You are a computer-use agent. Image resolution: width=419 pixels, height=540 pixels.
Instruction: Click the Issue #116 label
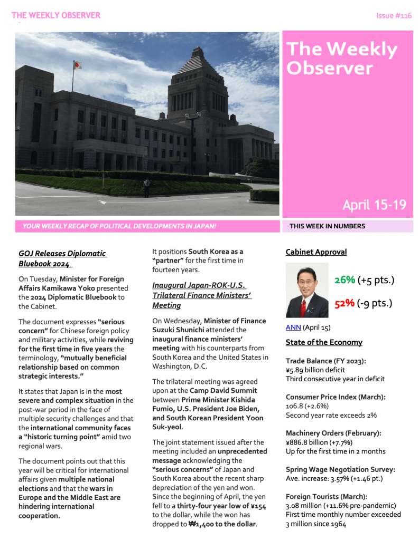click(394, 16)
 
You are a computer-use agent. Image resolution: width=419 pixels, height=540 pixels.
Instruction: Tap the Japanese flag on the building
click(77, 65)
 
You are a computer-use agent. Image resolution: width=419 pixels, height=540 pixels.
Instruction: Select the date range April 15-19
click(374, 205)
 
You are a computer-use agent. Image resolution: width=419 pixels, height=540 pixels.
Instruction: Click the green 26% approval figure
click(344, 280)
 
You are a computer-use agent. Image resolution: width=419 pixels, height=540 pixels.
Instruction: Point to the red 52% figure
click(344, 304)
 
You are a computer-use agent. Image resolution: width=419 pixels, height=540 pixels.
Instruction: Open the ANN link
click(293, 327)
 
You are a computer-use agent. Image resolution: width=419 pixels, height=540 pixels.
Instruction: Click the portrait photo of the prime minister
click(306, 290)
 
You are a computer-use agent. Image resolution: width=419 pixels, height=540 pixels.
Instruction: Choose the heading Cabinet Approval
click(316, 252)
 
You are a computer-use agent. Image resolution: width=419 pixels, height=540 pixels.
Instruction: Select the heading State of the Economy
click(323, 342)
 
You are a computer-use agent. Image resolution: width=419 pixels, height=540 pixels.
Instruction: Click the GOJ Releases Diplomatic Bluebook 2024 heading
click(62, 258)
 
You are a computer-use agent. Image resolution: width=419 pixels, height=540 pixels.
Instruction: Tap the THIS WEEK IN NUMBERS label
click(327, 226)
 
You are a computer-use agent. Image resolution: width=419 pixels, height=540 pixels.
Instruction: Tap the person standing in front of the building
click(147, 187)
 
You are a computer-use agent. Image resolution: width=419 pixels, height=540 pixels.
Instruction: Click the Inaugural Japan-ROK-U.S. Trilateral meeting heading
click(201, 295)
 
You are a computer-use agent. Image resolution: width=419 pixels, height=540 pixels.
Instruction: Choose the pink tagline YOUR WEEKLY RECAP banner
click(119, 226)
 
